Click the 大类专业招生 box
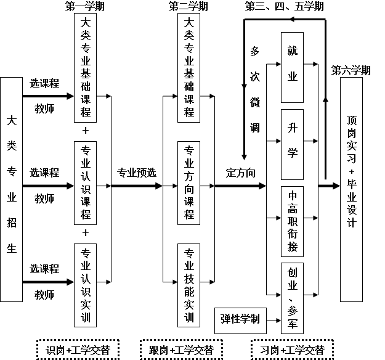tap(11, 189)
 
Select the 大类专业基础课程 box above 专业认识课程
tap(86, 68)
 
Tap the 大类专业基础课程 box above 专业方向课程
tap(189, 68)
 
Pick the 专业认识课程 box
tap(86, 182)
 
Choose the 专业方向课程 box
tap(189, 182)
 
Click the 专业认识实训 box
tap(86, 285)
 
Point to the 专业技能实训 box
tap(189, 285)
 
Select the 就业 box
tap(293, 64)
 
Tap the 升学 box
tap(293, 141)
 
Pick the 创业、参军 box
tap(293, 298)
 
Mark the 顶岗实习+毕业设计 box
tap(352, 189)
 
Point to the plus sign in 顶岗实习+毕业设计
tap(352, 171)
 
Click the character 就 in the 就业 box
tap(293, 51)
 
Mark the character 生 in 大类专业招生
tap(11, 248)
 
